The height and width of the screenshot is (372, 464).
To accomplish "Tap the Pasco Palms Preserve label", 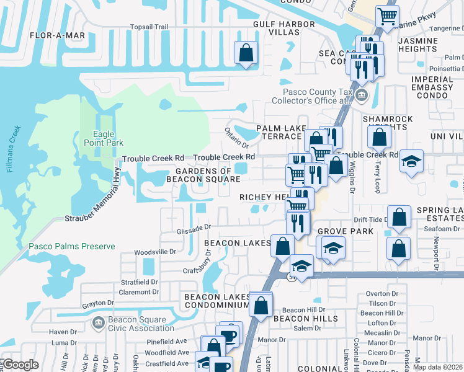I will [71, 246].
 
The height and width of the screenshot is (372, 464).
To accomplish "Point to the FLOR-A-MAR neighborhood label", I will [57, 36].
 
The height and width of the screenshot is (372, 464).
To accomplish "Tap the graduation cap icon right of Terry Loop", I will [411, 162].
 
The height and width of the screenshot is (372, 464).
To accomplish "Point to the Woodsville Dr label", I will [156, 252].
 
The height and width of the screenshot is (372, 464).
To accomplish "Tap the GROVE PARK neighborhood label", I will [345, 231].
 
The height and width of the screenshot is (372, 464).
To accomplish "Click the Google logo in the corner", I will [20, 365].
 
